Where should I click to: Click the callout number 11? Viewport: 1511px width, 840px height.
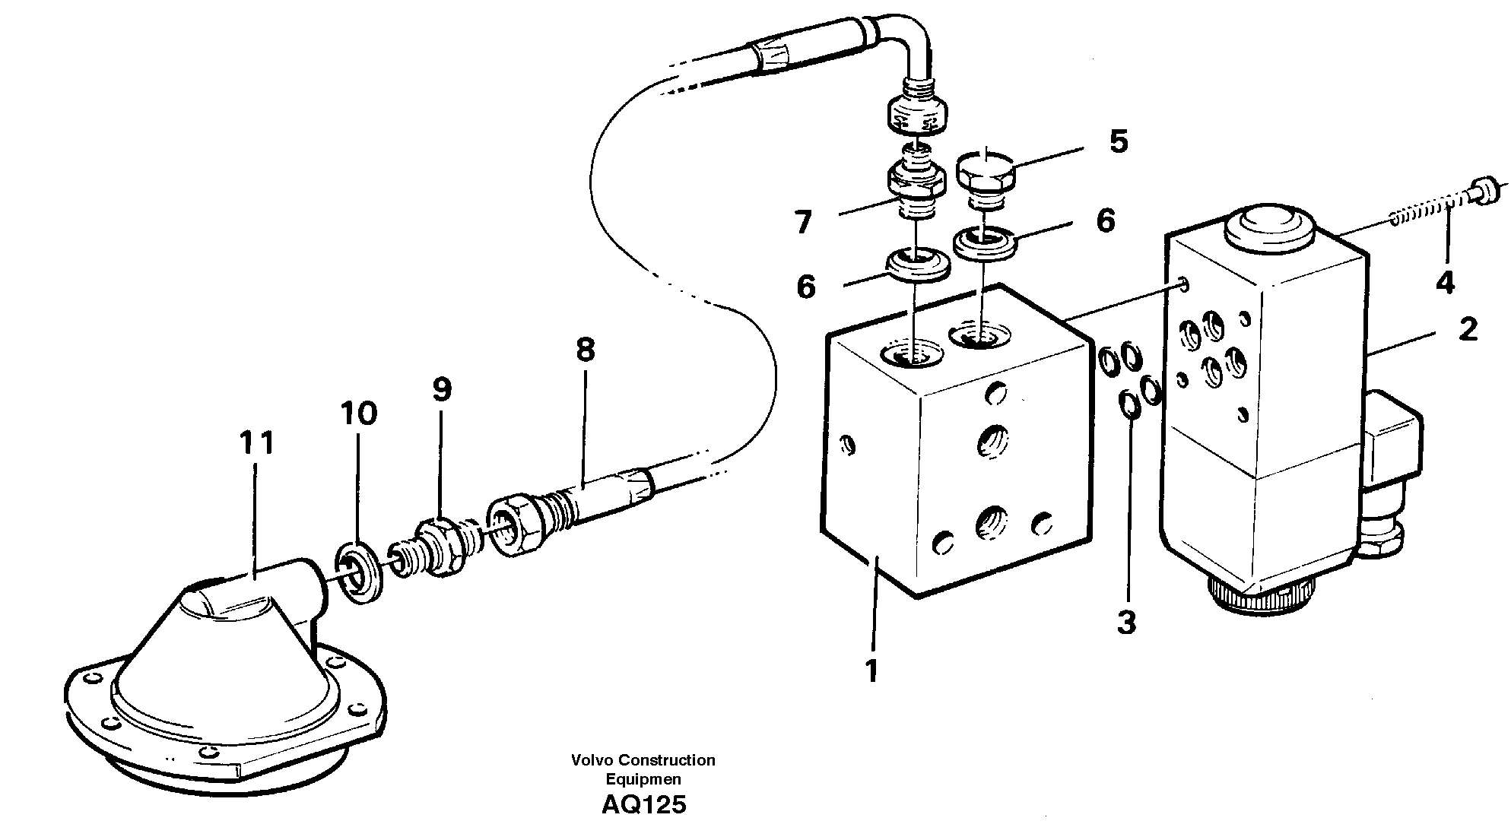click(x=256, y=443)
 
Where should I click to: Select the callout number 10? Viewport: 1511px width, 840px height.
click(x=358, y=414)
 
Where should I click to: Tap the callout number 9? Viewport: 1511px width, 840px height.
click(x=441, y=390)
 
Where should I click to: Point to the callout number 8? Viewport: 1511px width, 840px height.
click(x=585, y=350)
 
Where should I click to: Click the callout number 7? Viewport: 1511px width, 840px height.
click(x=804, y=223)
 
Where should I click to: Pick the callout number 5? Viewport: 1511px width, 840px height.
click(x=1118, y=142)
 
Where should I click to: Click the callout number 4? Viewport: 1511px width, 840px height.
click(x=1445, y=282)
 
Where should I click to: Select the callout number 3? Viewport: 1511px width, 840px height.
click(x=1126, y=623)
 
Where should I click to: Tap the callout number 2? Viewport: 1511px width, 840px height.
click(x=1467, y=329)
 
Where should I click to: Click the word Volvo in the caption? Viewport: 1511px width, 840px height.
click(x=592, y=759)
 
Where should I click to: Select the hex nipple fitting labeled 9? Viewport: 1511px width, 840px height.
click(x=440, y=538)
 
